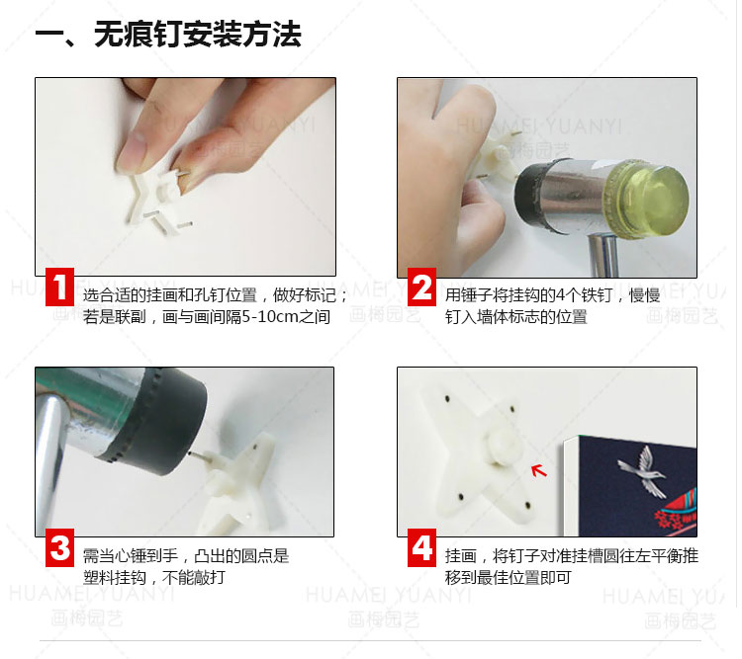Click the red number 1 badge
[59, 287]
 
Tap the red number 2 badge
[421, 287]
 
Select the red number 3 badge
[59, 547]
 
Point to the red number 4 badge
[421, 547]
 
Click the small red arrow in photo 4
[538, 470]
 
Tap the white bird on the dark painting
[644, 472]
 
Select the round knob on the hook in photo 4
[504, 447]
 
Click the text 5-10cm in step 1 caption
[270, 316]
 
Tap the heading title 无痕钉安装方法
[197, 34]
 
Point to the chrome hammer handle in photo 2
[603, 255]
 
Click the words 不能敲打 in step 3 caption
[194, 577]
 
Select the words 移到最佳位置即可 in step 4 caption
[509, 577]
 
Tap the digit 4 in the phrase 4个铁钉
[560, 295]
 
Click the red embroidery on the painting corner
[675, 513]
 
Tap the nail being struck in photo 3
[199, 456]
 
